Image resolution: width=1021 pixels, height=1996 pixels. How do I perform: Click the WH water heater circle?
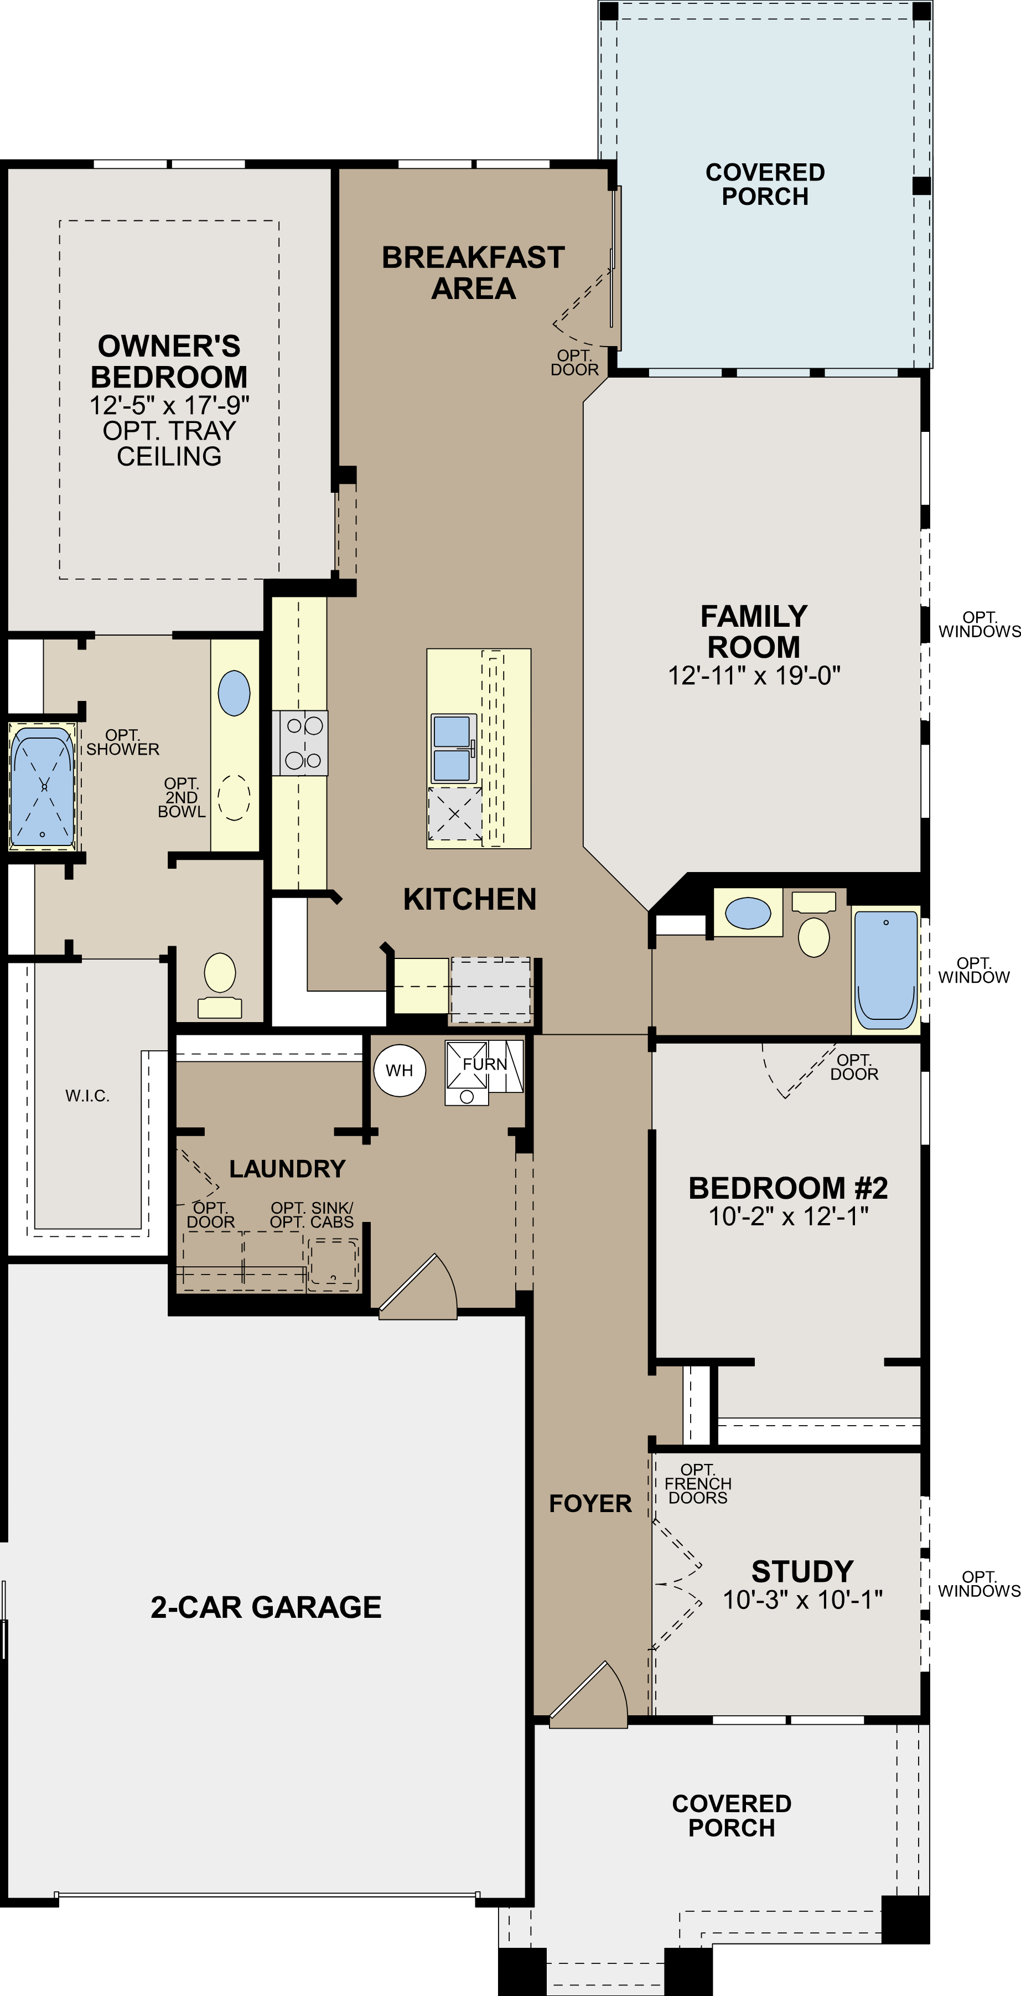click(x=399, y=1071)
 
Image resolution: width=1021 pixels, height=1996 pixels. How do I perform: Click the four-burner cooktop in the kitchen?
click(x=300, y=743)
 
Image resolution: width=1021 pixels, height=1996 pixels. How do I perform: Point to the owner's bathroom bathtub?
click(x=43, y=786)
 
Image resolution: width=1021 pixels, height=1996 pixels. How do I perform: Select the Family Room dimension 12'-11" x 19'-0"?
click(x=754, y=675)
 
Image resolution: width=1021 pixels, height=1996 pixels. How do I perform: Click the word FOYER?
click(x=590, y=1504)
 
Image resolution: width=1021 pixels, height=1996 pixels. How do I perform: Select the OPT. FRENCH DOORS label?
click(x=697, y=1484)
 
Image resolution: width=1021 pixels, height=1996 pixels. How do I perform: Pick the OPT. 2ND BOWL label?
click(x=182, y=797)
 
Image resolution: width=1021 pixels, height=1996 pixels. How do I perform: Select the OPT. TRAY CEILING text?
click(x=169, y=443)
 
